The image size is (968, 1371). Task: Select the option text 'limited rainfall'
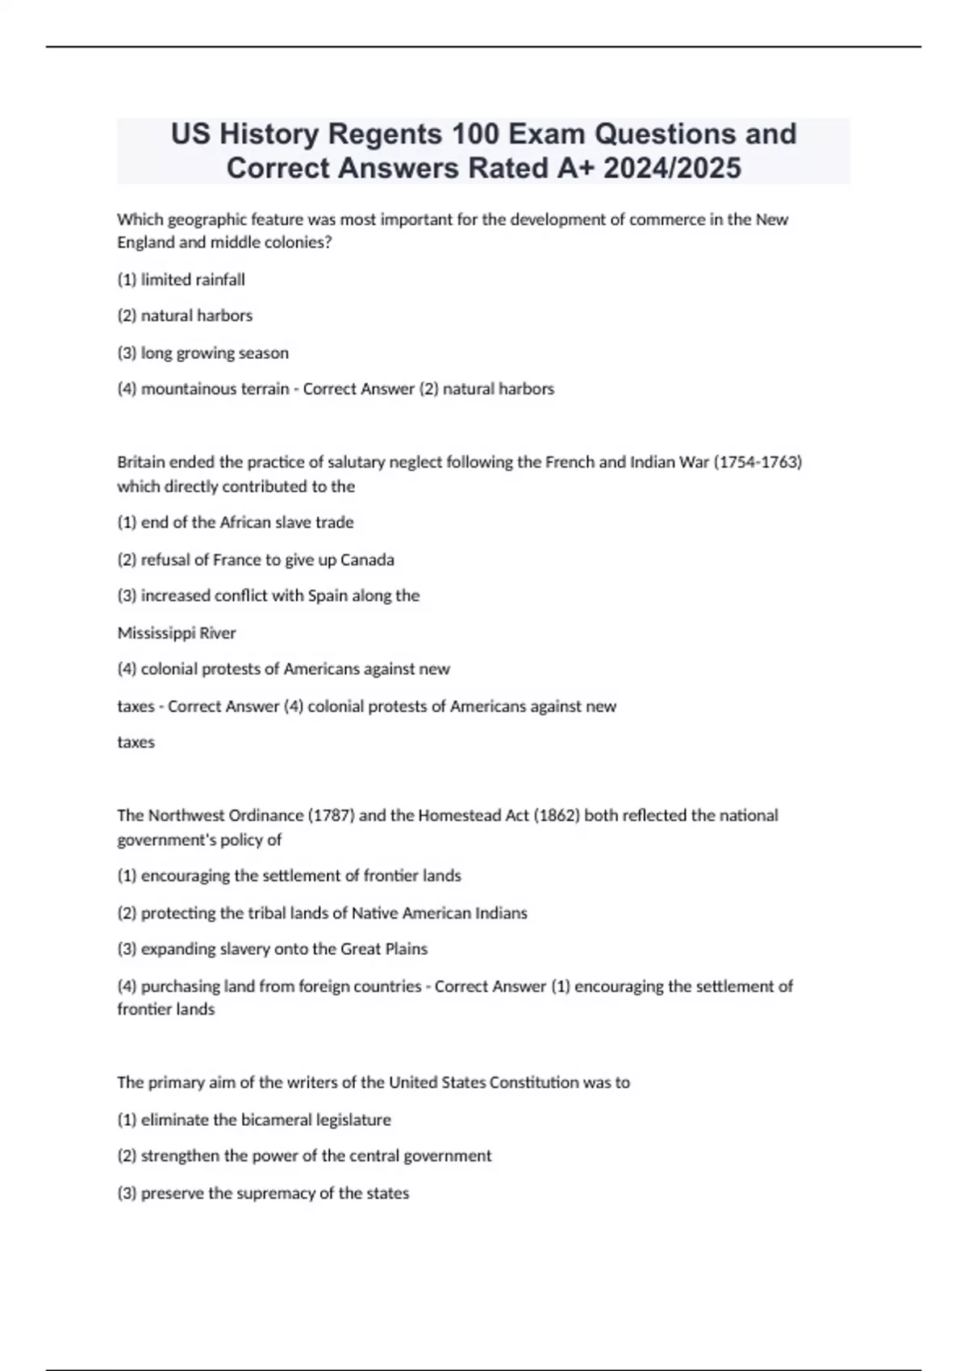pos(193,280)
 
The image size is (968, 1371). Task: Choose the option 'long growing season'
pos(215,353)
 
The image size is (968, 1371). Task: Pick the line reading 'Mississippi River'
pos(177,633)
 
